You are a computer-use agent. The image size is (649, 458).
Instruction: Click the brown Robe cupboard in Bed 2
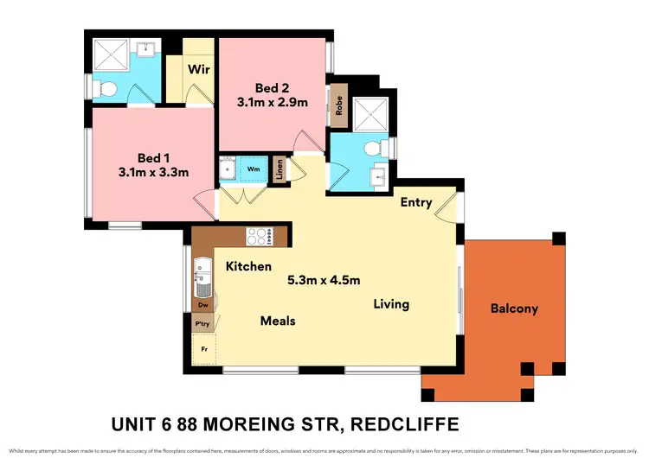pos(340,105)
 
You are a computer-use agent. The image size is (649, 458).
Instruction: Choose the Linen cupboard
pos(280,169)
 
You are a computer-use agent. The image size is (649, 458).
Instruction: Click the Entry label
pos(416,203)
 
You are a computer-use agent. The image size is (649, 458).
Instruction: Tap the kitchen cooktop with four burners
pos(260,234)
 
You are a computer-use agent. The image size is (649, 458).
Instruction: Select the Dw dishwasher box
pos(202,305)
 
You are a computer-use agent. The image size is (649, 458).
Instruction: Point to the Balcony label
pos(514,309)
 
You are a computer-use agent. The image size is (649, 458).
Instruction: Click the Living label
pos(391,304)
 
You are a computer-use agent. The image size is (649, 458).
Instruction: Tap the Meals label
pos(278,321)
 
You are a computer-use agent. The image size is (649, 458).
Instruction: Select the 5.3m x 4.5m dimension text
pos(323,281)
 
